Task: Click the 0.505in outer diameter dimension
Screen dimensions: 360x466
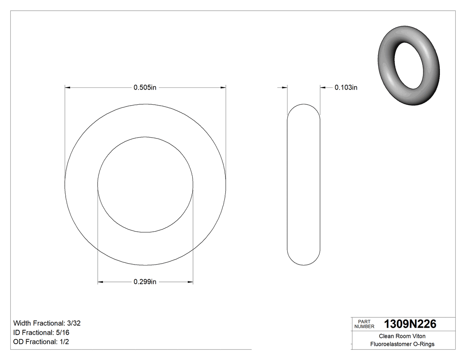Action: [145, 87]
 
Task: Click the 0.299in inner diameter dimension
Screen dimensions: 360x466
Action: [145, 282]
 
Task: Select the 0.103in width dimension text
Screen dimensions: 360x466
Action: [346, 87]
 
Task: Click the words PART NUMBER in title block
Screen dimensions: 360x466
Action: [364, 324]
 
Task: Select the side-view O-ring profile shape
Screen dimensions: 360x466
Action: [304, 185]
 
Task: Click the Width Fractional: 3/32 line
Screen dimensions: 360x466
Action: [47, 323]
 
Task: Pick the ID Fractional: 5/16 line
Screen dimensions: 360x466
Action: [41, 332]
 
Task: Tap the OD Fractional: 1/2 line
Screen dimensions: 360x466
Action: [41, 342]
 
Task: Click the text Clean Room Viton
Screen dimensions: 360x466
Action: [402, 336]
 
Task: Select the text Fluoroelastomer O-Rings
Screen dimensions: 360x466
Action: [402, 344]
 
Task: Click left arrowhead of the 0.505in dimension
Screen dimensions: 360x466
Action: [68, 87]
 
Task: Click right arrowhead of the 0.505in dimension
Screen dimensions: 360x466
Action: [223, 87]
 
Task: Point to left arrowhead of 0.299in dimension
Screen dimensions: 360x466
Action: [101, 282]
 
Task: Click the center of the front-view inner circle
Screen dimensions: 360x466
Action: [145, 185]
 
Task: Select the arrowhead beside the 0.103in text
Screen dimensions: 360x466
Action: [323, 87]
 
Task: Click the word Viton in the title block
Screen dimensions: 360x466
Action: [418, 336]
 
